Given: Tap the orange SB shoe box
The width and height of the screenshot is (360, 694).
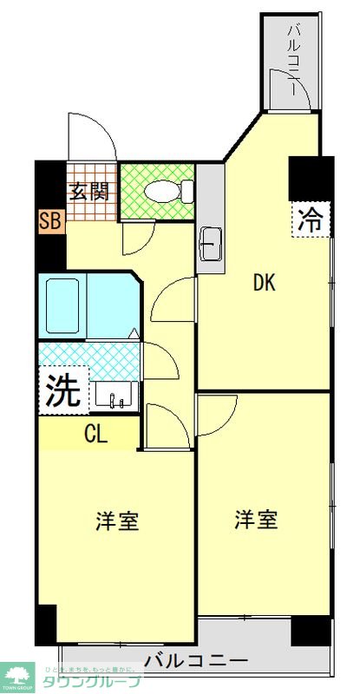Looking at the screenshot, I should [x=50, y=220].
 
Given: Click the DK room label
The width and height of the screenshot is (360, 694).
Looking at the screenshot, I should [x=265, y=283].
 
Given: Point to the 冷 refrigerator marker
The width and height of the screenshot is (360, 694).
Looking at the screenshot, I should [x=310, y=219].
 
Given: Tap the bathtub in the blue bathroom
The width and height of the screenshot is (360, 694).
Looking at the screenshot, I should [x=64, y=305].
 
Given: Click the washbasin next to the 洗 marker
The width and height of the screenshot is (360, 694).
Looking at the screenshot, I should [x=115, y=395].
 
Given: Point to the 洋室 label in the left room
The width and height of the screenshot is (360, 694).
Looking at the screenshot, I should [x=117, y=521].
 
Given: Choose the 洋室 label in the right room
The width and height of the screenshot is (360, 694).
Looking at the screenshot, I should [x=256, y=520].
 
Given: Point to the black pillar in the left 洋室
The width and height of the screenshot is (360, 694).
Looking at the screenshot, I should [x=46, y=624].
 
